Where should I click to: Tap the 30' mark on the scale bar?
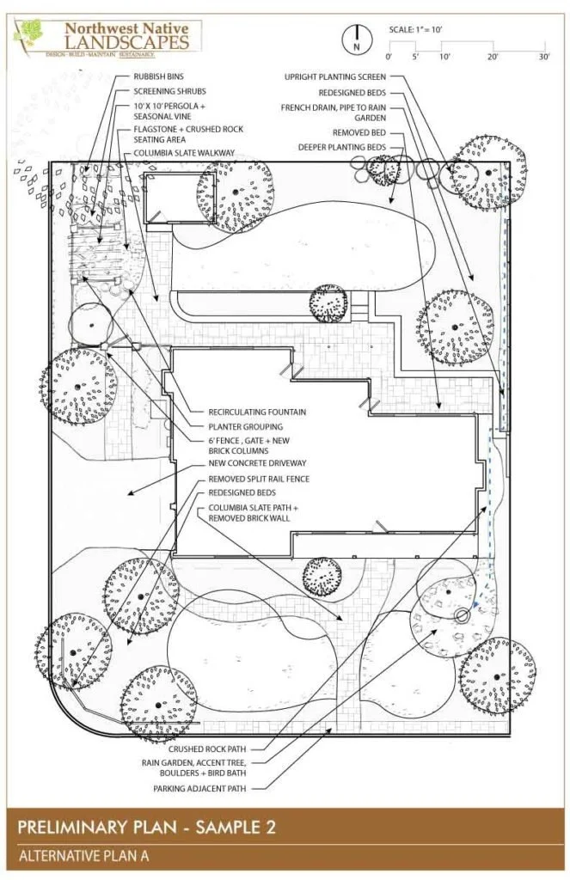[x=544, y=56]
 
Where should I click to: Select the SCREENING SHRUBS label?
[x=169, y=90]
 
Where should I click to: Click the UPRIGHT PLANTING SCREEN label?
[x=334, y=77]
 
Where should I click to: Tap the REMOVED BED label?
[x=359, y=133]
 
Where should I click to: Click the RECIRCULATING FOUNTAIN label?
[x=257, y=412]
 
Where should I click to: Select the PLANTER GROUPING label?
[x=245, y=425]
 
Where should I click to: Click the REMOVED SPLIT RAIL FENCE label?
[x=259, y=479]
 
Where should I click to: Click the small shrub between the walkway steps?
[x=328, y=302]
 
